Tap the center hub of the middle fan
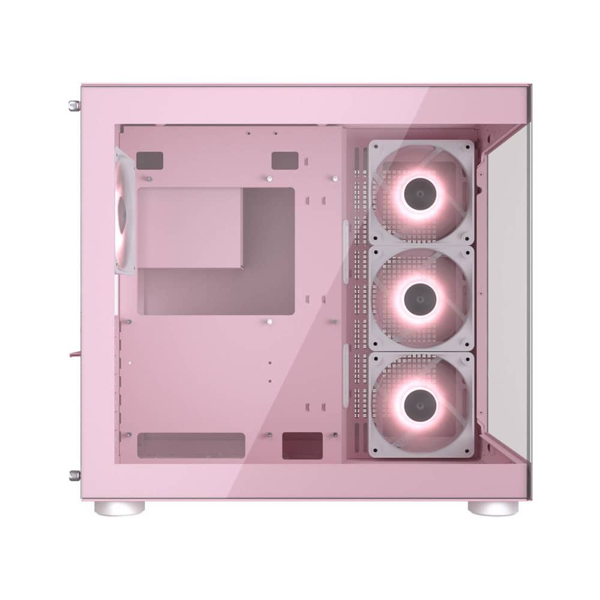[421, 298]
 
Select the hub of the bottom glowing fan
[421, 404]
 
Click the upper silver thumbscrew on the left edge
[73, 106]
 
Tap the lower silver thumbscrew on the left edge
[73, 478]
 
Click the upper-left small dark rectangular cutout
[150, 160]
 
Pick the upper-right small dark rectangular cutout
[285, 160]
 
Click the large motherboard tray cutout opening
[216, 252]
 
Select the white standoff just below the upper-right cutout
[270, 178]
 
